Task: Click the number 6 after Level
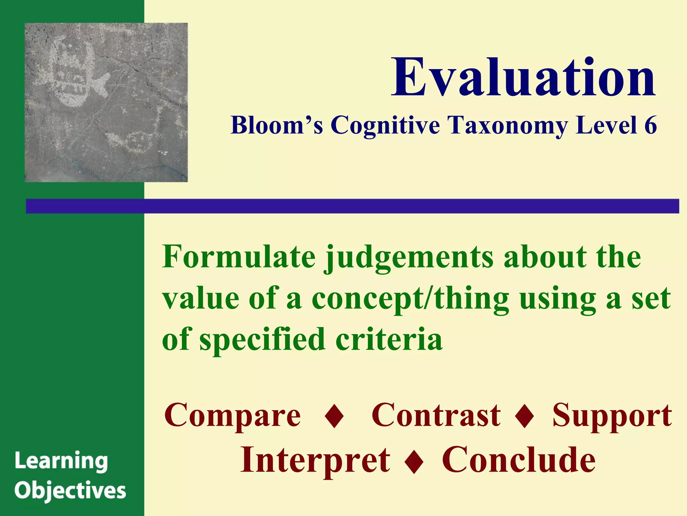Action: (650, 125)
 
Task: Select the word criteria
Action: (389, 339)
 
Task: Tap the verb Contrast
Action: (436, 416)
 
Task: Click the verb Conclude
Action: (519, 460)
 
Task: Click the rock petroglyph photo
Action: (106, 102)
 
